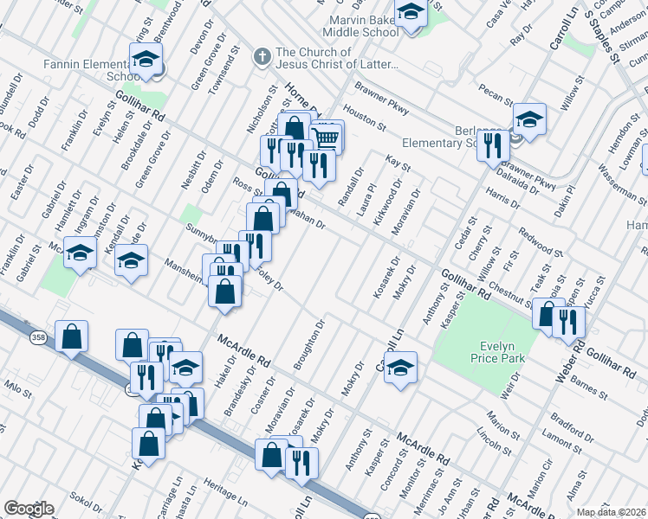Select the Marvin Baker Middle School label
[363, 26]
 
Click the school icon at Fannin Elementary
[146, 59]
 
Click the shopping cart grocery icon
[326, 136]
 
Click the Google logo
[29, 509]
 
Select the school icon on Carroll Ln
[399, 367]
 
